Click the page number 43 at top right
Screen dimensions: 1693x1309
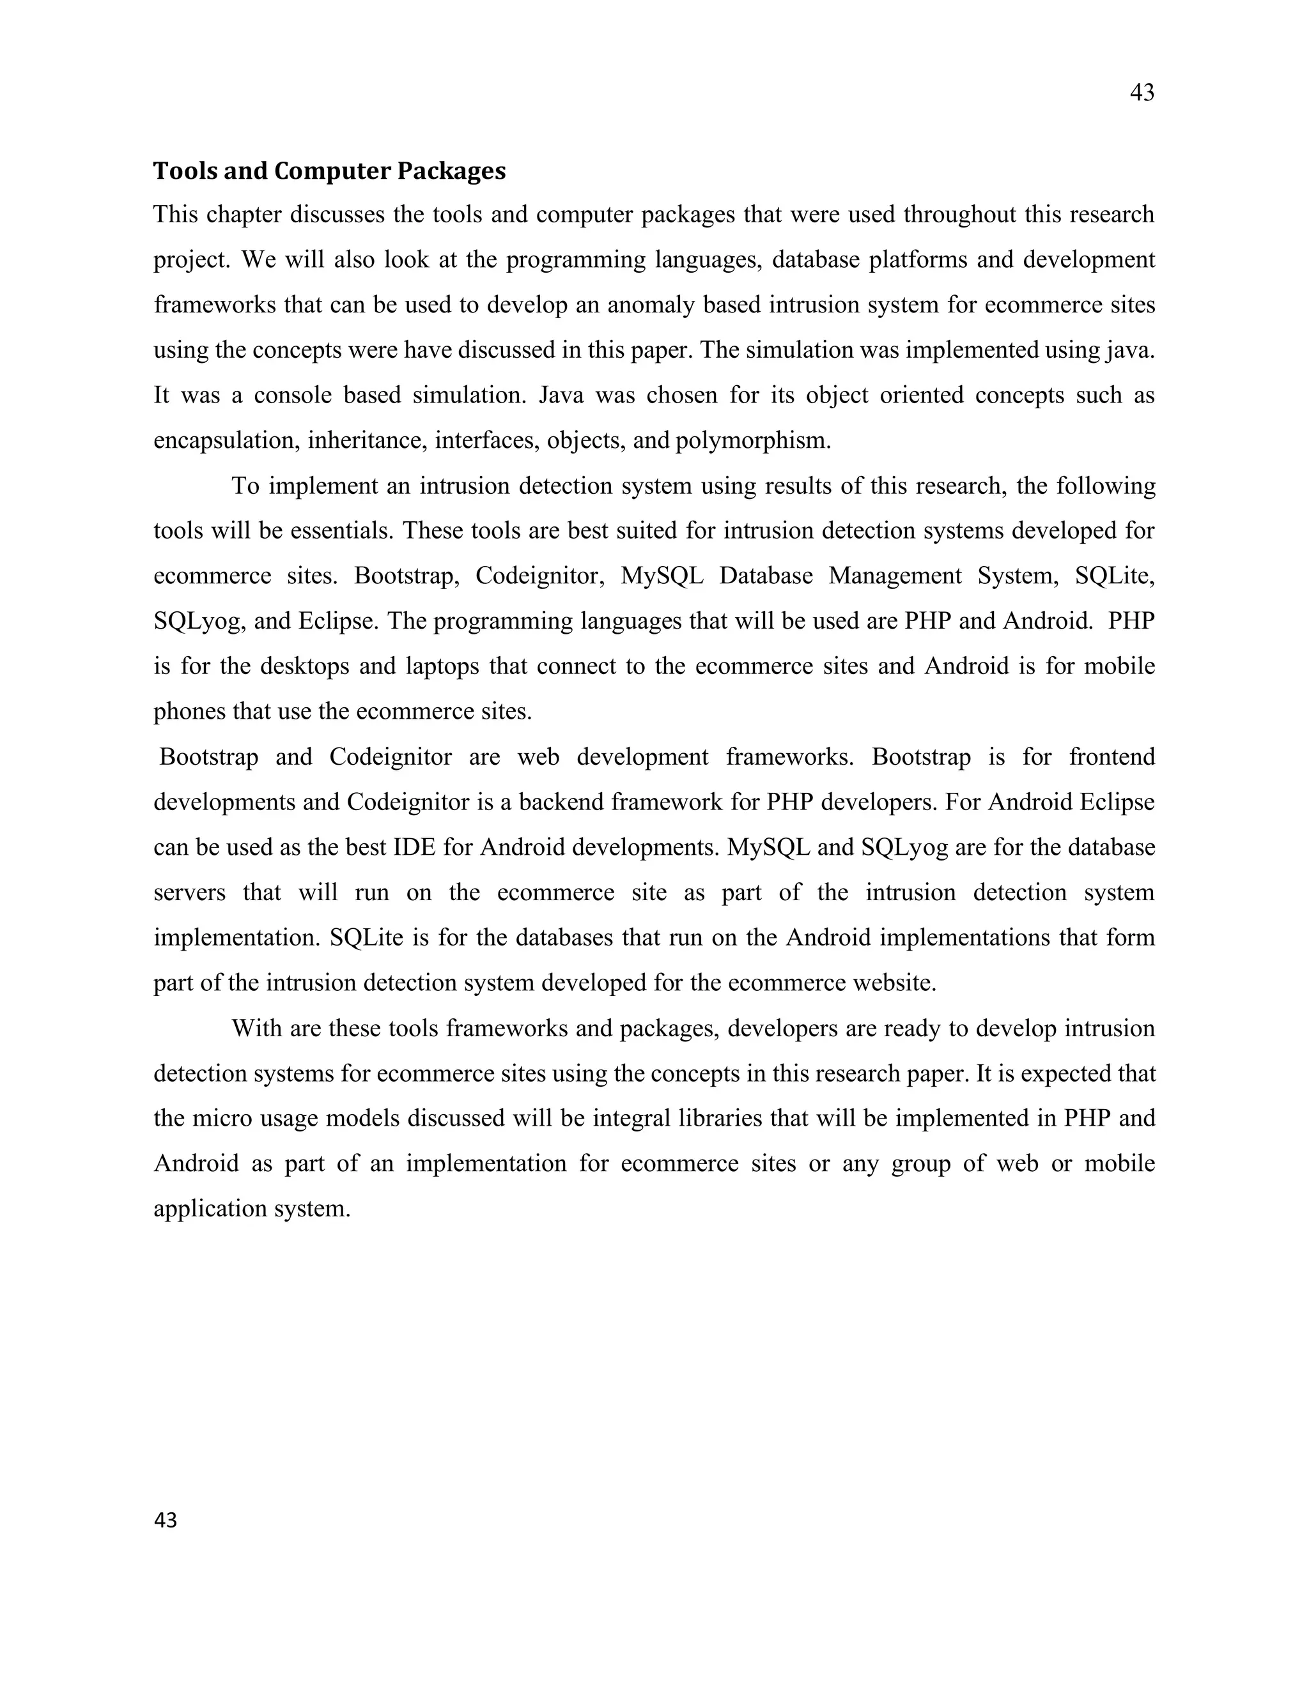[x=1142, y=93]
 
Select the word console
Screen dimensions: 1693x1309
[x=293, y=395]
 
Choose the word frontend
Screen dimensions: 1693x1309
[x=1111, y=756]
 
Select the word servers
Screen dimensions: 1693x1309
[x=189, y=892]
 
